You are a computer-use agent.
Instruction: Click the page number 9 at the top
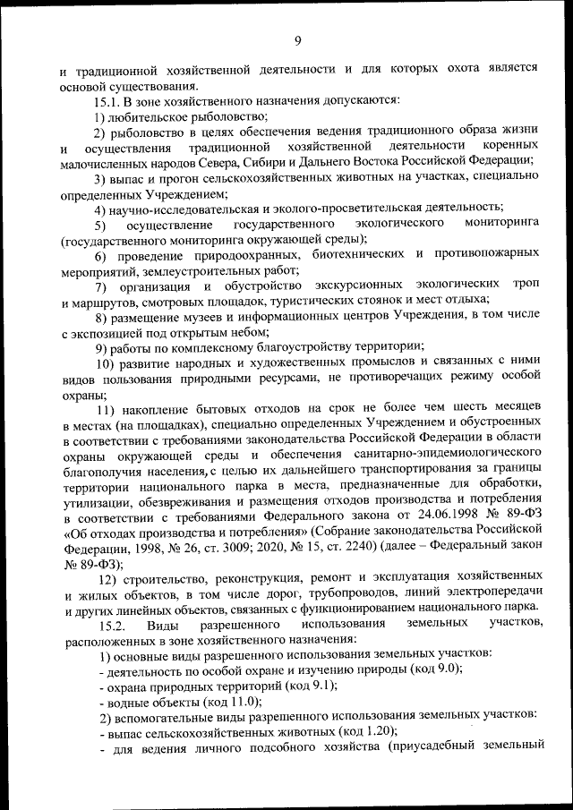tap(297, 39)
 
